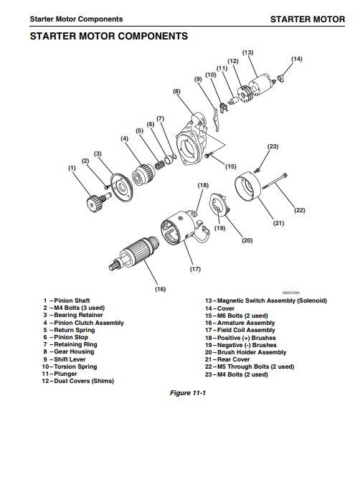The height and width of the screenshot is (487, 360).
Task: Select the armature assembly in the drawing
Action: (135, 251)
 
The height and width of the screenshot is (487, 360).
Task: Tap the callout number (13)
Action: (248, 52)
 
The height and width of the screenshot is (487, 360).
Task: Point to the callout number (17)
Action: (195, 269)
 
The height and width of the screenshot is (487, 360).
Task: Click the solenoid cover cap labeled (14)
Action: (281, 77)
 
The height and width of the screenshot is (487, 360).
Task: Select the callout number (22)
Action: (300, 210)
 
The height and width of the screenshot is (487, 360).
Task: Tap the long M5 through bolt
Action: (275, 181)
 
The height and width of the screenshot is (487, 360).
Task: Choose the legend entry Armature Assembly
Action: (240, 323)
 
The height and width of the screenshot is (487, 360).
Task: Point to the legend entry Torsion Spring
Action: (70, 367)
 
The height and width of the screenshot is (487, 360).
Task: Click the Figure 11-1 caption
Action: (188, 393)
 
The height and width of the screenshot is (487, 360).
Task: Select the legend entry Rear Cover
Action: (227, 359)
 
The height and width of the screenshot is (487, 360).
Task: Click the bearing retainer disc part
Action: (121, 188)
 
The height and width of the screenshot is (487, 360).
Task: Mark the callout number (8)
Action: (176, 91)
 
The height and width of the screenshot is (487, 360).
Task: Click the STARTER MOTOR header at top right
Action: (308, 19)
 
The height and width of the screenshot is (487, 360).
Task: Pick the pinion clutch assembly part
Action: (143, 175)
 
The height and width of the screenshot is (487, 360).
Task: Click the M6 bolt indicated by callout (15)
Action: (208, 155)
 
